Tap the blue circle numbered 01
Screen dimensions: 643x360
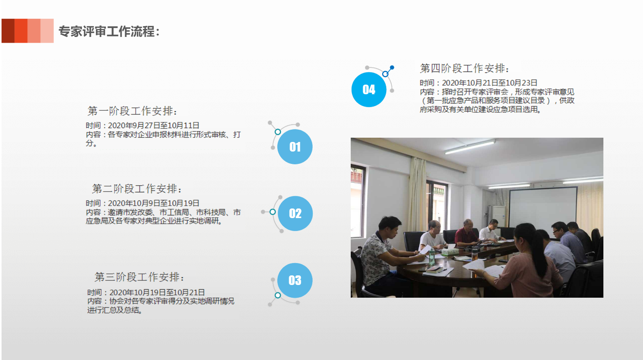tap(295, 147)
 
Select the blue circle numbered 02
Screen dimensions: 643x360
tap(295, 213)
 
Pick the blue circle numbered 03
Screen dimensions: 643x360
tap(295, 280)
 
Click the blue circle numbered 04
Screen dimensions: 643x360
tap(369, 90)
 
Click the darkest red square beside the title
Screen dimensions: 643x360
tap(8, 31)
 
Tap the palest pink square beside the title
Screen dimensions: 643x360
tap(47, 31)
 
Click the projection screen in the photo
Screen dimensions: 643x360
tap(543, 207)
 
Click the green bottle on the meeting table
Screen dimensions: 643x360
tap(431, 257)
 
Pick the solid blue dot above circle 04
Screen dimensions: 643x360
tap(392, 67)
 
